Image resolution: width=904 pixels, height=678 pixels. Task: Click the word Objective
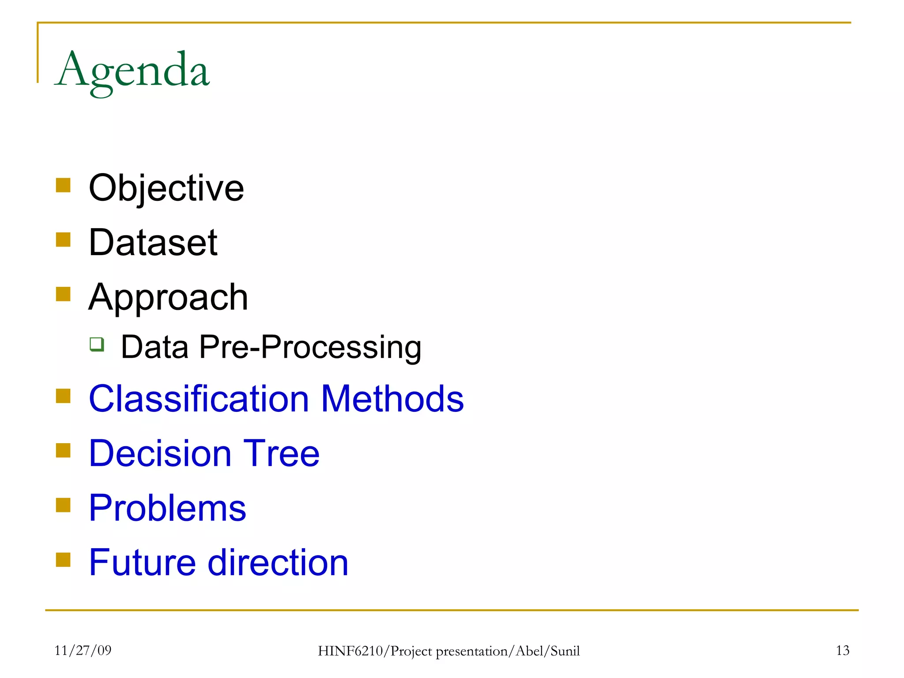point(166,188)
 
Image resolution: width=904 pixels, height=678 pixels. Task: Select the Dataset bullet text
point(153,243)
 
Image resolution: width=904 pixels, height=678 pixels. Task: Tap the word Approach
point(168,298)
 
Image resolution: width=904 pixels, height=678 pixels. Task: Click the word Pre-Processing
point(310,347)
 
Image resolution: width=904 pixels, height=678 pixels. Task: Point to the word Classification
point(199,399)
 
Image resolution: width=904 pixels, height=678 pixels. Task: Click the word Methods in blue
point(392,399)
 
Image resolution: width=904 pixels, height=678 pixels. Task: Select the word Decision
point(160,453)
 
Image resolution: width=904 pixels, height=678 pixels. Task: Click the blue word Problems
point(167,508)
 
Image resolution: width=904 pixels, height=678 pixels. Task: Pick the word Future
point(142,563)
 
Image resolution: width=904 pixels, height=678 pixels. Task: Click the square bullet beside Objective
point(63,185)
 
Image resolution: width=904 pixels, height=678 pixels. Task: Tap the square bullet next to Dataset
point(63,240)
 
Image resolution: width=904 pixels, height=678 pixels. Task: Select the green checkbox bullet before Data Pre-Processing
point(97,344)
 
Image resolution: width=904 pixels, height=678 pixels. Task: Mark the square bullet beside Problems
point(63,505)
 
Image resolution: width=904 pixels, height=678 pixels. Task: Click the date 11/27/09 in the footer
point(83,650)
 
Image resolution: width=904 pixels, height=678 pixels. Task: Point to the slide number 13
point(842,650)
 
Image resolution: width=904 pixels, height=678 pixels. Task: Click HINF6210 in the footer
point(351,651)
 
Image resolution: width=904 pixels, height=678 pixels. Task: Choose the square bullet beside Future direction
point(63,560)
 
